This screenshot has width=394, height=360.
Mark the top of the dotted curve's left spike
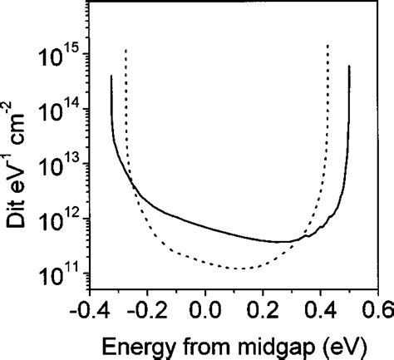[x=126, y=50]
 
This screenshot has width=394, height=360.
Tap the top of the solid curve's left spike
[x=111, y=76]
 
